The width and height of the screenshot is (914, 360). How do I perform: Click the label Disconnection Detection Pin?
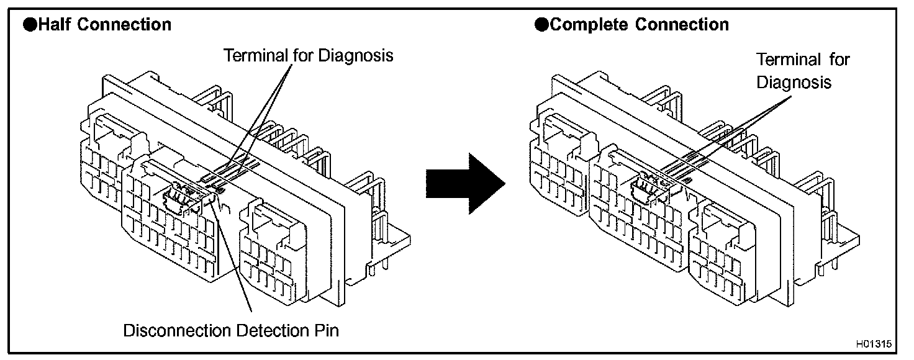pyautogui.click(x=232, y=330)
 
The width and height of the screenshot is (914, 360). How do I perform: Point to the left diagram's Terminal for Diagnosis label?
pyautogui.click(x=309, y=55)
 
